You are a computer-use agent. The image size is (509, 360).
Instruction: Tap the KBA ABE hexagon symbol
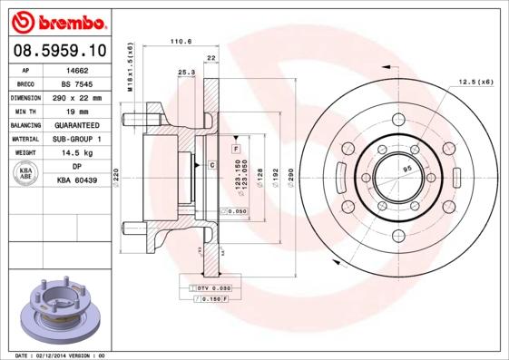tap(26, 173)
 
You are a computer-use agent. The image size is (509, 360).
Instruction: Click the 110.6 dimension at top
tap(183, 41)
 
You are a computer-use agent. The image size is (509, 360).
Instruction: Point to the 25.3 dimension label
tap(186, 72)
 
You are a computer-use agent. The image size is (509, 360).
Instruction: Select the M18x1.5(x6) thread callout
tap(130, 67)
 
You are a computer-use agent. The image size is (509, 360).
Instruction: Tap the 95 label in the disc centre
tap(407, 169)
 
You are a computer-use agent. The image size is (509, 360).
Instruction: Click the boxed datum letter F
tap(235, 147)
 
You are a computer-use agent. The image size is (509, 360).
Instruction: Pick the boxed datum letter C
tap(210, 164)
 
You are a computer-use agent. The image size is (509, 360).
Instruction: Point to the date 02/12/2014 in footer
tap(57, 355)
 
